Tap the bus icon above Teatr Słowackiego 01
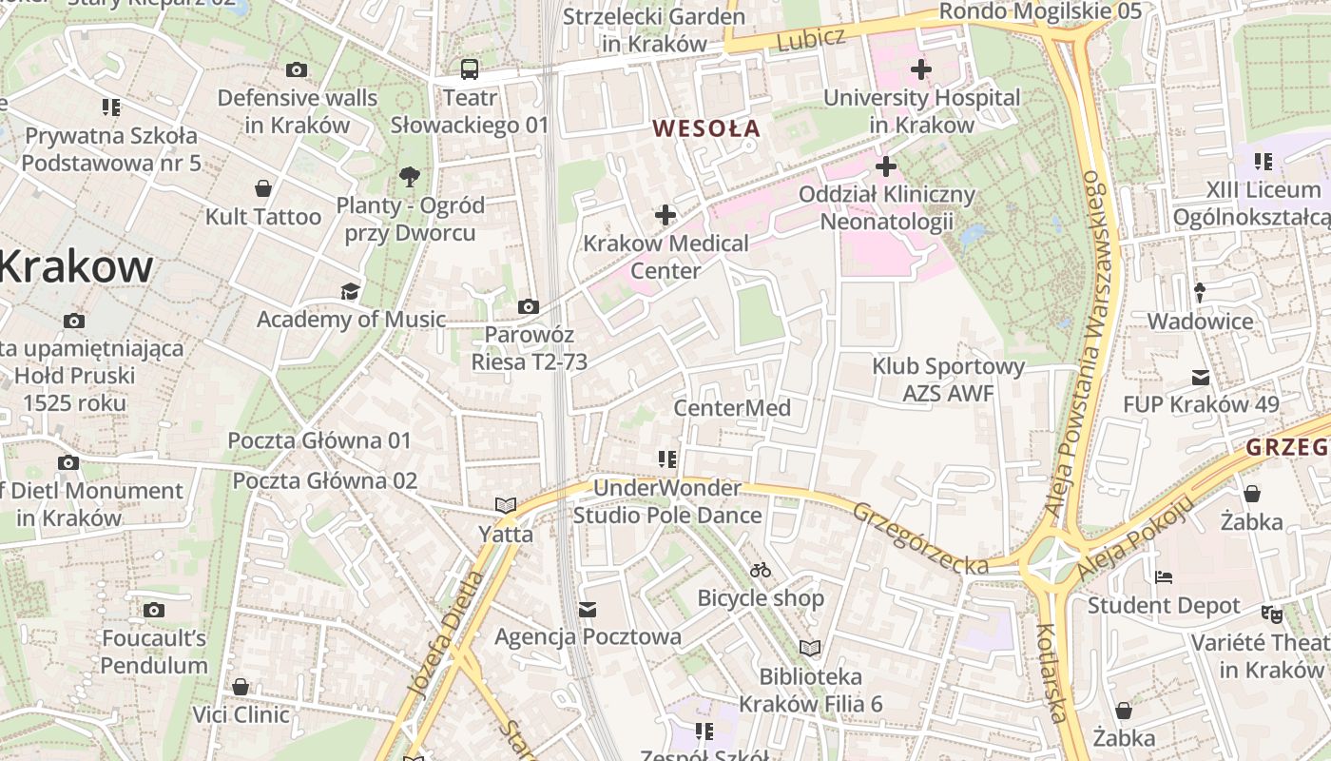click(470, 68)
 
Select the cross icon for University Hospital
click(920, 69)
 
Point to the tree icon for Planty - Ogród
click(410, 176)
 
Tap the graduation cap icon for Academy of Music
click(351, 291)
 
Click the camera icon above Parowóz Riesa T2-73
click(529, 306)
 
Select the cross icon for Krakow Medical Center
click(665, 215)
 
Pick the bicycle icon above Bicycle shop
click(760, 570)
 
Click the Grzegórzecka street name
click(919, 538)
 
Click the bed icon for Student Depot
click(1164, 577)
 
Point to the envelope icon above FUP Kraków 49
click(1200, 377)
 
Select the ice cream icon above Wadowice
click(1200, 293)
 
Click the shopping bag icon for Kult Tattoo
click(263, 188)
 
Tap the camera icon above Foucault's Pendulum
click(154, 610)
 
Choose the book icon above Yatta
click(505, 505)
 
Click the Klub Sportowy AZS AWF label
click(948, 380)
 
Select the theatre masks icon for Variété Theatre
click(1272, 614)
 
